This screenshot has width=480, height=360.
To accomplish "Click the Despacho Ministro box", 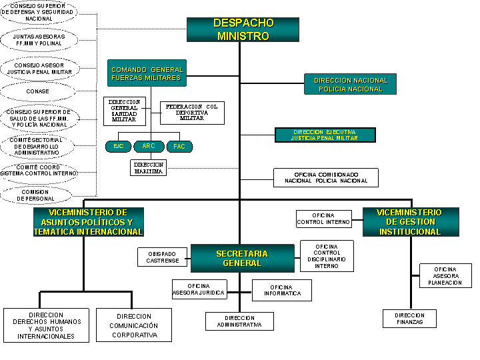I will click(243, 30).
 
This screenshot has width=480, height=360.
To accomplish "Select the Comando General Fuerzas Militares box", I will click(146, 73).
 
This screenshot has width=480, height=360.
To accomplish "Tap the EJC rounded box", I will click(118, 146).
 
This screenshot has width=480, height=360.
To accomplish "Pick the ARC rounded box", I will click(149, 146).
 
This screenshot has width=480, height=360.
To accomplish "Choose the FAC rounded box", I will click(179, 146).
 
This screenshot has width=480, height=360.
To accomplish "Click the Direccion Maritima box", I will click(148, 167).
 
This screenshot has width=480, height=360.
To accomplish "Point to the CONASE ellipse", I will click(38, 91).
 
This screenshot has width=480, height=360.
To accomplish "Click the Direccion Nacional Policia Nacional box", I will click(350, 84).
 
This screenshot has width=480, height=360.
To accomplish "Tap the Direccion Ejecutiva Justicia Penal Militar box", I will click(325, 135).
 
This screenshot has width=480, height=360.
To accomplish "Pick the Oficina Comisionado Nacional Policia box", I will click(326, 177).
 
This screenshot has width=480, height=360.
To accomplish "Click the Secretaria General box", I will click(242, 258).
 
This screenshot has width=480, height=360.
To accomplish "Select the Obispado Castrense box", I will click(163, 257).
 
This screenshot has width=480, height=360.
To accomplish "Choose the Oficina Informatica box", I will click(281, 290).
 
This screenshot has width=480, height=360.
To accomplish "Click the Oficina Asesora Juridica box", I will click(199, 289).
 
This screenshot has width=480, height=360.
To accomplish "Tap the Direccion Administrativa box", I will click(239, 321).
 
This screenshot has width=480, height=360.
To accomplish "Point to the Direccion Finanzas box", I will click(409, 319).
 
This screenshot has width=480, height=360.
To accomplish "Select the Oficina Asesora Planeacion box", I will click(445, 275).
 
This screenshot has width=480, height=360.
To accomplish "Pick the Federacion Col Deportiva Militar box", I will click(192, 113).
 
